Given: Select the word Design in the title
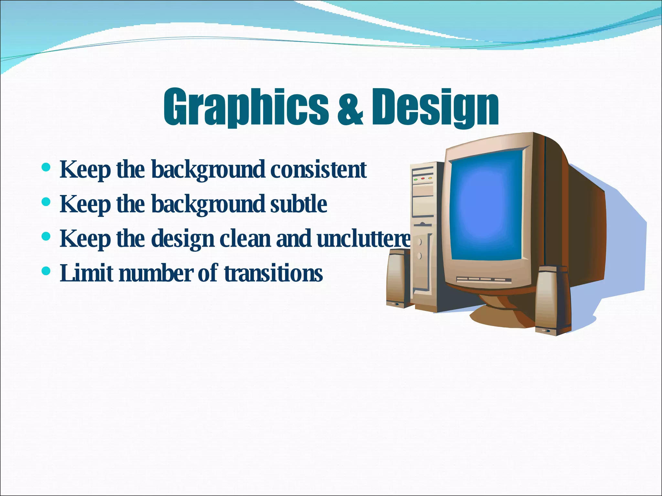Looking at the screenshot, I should [435, 107].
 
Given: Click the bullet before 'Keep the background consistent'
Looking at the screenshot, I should [46, 168].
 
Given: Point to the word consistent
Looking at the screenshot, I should [318, 170].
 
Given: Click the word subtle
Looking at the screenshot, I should [298, 204].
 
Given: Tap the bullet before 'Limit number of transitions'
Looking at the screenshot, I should [46, 271].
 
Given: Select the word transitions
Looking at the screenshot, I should [273, 273].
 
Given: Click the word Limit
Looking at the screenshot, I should [87, 273].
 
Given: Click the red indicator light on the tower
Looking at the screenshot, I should [422, 178].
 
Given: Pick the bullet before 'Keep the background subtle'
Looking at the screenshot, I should [46, 202].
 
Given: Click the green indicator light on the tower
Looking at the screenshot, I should [416, 179].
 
